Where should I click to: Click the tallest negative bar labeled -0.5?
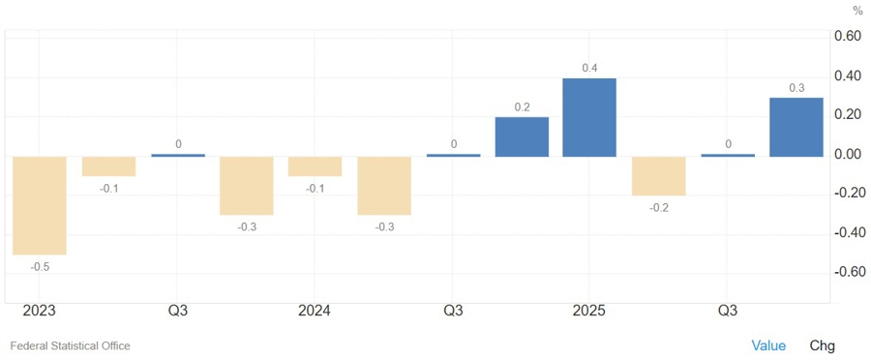pos(40,205)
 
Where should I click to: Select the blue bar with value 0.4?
pos(589,117)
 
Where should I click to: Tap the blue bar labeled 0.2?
pos(522,136)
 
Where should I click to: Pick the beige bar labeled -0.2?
pos(658,176)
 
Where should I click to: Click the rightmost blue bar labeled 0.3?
pos(796,127)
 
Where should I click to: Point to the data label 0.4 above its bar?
pos(589,68)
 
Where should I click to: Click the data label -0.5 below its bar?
pos(40,266)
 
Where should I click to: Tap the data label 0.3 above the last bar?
pos(796,88)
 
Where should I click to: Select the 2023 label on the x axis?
pos(40,311)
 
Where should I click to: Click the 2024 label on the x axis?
pos(315,311)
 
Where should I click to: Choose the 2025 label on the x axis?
pos(589,311)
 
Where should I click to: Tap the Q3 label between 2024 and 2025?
pos(452,311)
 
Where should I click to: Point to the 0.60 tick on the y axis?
pos(848,37)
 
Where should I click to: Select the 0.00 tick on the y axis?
pos(848,155)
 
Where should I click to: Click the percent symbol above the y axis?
pos(856,11)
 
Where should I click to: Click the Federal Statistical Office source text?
pos(70,345)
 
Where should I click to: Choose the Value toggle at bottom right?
pos(768,345)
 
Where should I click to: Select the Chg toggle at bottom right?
pos(822,345)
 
